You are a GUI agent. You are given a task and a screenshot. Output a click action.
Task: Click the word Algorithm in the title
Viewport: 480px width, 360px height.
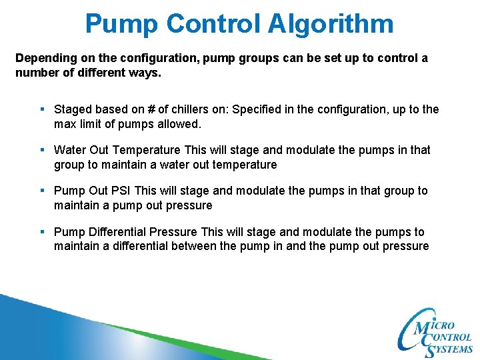pos(331,23)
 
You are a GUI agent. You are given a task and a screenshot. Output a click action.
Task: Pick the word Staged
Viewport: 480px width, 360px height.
pos(72,109)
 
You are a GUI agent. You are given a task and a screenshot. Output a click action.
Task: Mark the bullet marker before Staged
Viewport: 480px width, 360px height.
pos(42,109)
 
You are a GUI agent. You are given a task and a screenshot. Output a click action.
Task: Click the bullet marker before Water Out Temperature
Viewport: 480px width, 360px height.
pos(42,150)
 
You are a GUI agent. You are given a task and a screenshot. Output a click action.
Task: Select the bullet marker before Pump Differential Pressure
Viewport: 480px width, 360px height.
pos(42,232)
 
